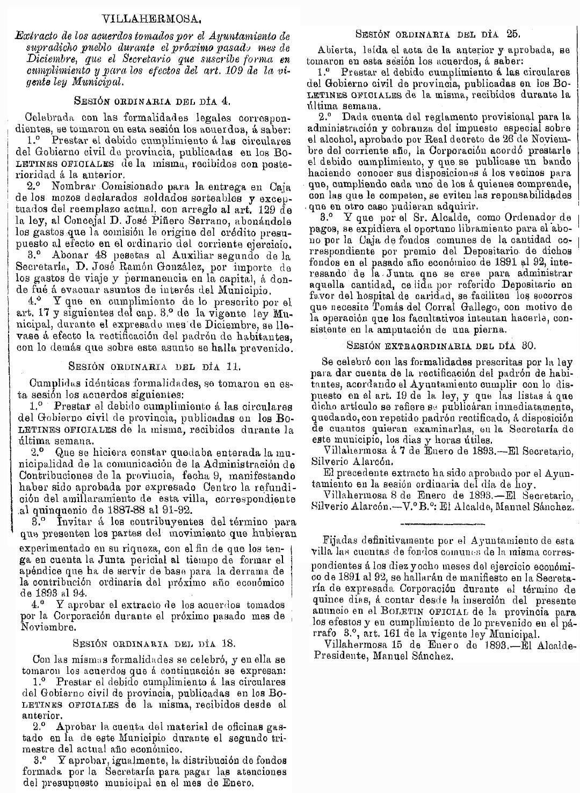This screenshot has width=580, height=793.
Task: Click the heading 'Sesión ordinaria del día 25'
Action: point(439,34)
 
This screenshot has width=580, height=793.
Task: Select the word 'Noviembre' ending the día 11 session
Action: point(48,626)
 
